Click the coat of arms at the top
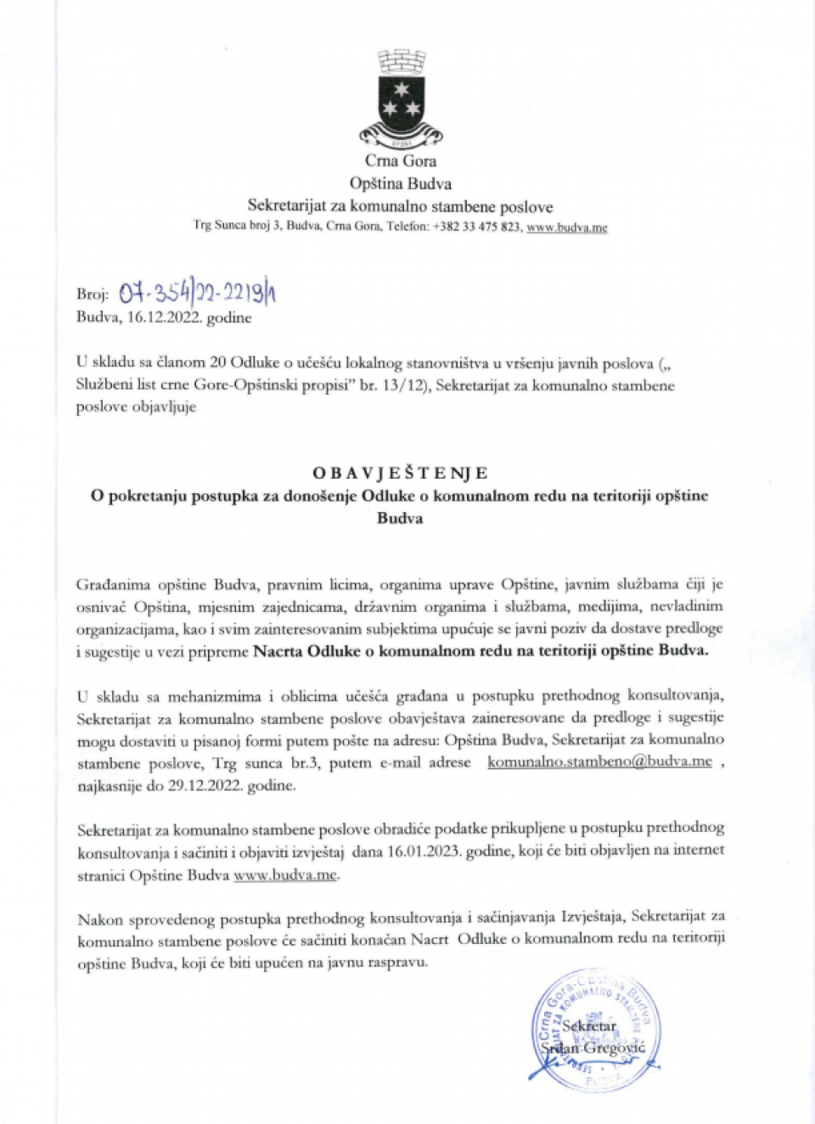(401, 98)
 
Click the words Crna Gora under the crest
(401, 160)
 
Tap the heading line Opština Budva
(401, 183)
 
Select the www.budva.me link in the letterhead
(566, 228)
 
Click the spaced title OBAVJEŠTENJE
(400, 473)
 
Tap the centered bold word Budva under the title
(400, 518)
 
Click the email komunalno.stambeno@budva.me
(599, 762)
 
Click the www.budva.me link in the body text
(285, 874)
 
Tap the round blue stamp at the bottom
(595, 1029)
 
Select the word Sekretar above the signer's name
(589, 1026)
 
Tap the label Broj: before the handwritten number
(93, 295)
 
